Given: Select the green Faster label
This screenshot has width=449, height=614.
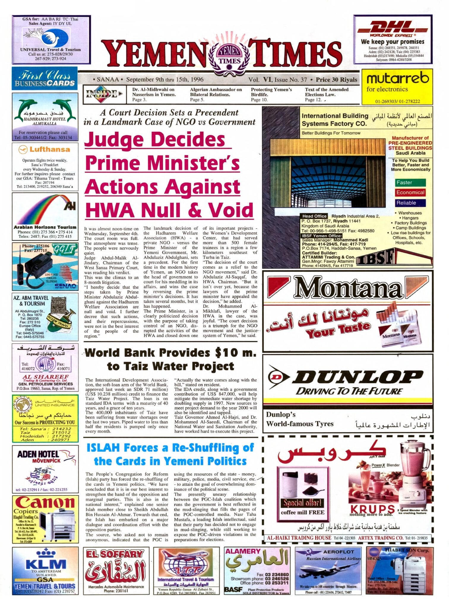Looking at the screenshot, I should pyautogui.click(x=410, y=182).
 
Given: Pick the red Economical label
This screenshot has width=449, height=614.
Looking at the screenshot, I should pyautogui.click(x=410, y=193).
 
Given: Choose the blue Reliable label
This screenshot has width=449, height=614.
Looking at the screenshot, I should pyautogui.click(x=410, y=203).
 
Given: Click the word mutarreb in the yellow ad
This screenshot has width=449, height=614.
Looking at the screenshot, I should pyautogui.click(x=398, y=78).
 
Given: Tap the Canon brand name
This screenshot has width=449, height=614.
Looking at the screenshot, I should pyautogui.click(x=45, y=503).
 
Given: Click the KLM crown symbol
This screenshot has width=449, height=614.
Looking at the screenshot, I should pyautogui.click(x=45, y=553).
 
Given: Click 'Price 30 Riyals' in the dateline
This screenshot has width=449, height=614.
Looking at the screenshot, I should pyautogui.click(x=336, y=80).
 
